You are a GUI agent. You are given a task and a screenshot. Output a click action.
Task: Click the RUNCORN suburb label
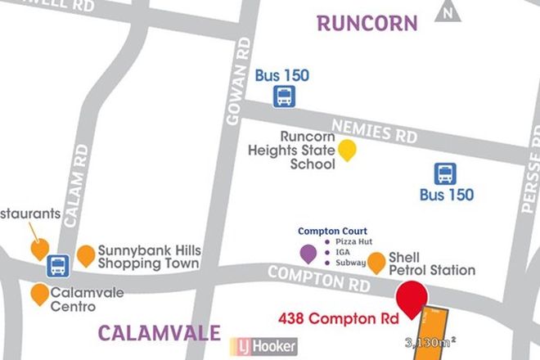tap(367, 22)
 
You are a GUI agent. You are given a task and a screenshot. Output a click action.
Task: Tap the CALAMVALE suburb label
tap(159, 332)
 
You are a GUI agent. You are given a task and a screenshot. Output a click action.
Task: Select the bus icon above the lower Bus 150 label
tap(446, 173)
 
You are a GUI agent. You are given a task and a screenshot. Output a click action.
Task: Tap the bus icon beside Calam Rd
tap(58, 266)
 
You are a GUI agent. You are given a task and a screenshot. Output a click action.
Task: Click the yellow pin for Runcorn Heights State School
tap(349, 150)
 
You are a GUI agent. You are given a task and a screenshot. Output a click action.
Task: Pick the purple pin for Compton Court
tap(308, 254)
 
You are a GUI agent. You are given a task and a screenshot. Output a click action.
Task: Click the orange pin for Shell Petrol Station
tap(376, 262)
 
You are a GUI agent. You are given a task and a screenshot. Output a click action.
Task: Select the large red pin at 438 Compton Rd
tap(412, 295)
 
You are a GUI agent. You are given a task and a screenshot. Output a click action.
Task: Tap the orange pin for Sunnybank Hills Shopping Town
tap(86, 255)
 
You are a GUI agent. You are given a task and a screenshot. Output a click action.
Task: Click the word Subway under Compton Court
tap(350, 263)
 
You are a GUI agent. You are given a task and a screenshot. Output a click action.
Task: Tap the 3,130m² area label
tap(430, 341)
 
